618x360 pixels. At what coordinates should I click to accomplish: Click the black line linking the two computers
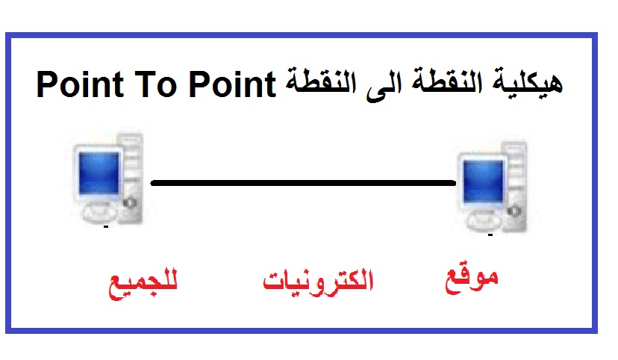point(302,183)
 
